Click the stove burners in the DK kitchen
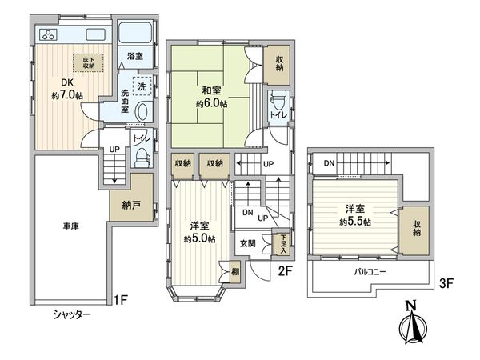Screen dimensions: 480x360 tap(49, 34)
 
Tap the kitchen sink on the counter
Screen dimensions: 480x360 tap(95, 34)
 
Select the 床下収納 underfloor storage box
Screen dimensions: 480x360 tap(88, 62)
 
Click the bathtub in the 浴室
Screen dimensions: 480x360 tap(135, 32)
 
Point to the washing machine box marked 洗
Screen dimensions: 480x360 tap(142, 86)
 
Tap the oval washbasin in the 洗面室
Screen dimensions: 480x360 tap(142, 112)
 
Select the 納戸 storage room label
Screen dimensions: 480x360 tap(131, 205)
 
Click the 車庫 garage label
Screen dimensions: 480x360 tap(71, 226)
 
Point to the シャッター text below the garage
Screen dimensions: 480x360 tap(73, 314)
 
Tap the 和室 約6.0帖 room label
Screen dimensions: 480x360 tap(211, 97)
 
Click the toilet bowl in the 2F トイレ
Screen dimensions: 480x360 tap(278, 102)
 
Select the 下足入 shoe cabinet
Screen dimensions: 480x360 tap(281, 244)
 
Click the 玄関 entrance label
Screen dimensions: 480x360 tap(247, 244)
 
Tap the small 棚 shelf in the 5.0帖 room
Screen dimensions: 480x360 tap(235, 271)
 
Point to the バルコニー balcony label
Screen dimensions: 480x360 tap(370, 271)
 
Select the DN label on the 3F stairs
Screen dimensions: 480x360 tap(329, 163)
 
